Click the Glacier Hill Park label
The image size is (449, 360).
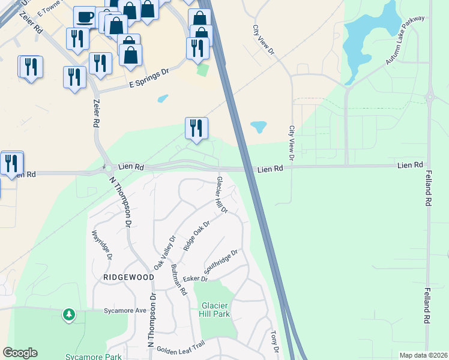215,308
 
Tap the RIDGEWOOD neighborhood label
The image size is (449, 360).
128,277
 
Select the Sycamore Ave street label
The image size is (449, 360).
125,311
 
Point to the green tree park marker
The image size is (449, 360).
69,314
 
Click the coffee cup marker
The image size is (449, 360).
85,16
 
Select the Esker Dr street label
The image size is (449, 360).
196,280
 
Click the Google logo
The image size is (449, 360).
20,353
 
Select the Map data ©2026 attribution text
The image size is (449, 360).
423,355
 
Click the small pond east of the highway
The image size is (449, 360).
258,127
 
